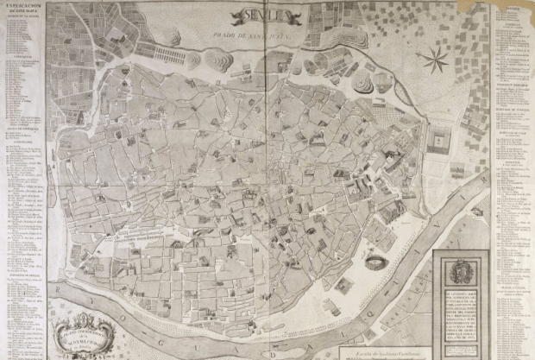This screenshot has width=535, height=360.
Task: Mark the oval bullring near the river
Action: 375,262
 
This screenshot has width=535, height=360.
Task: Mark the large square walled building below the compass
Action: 440,138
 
